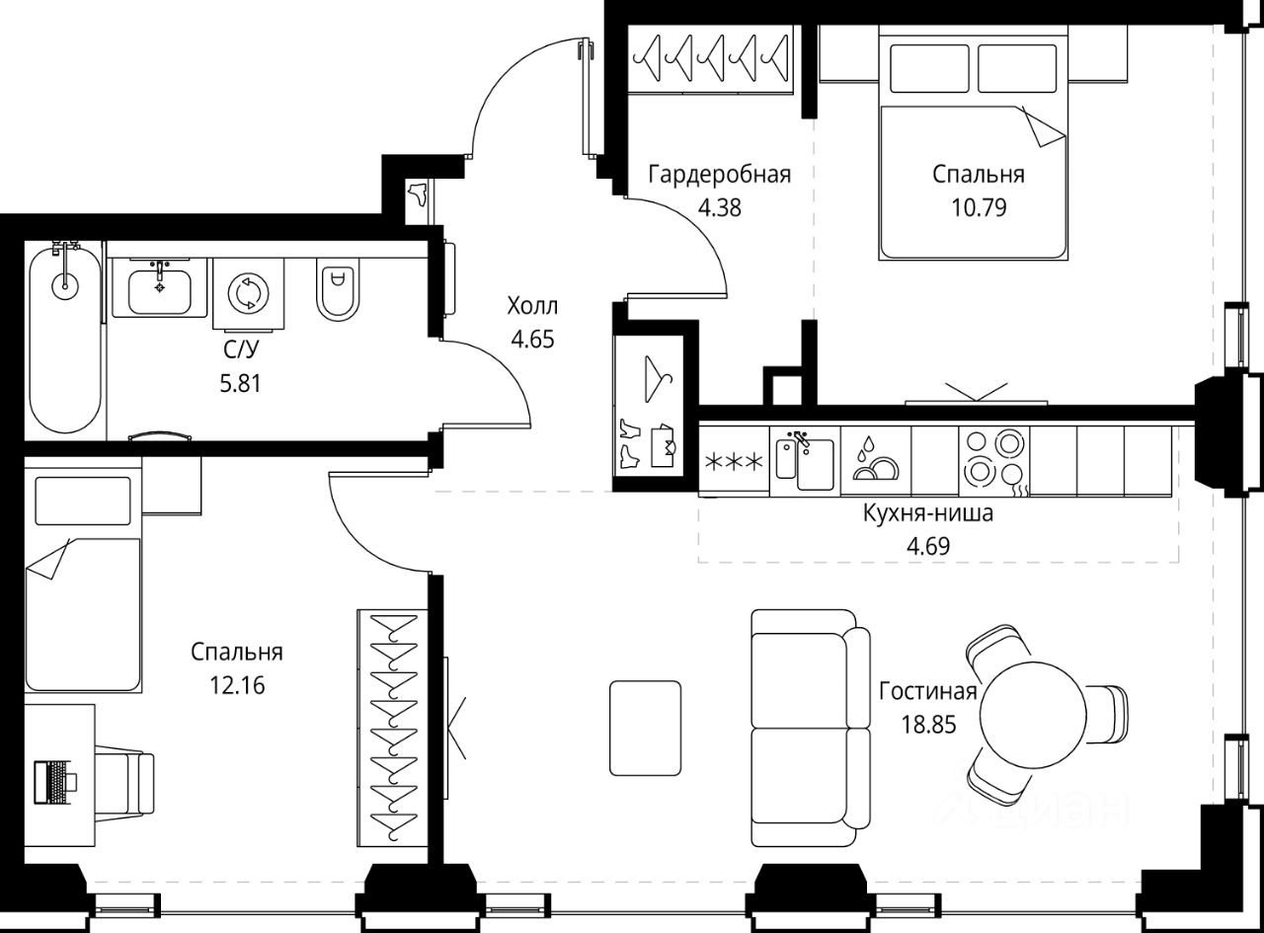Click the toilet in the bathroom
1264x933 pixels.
coord(338,288)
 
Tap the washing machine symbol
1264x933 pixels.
coord(249,293)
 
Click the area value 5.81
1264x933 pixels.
coord(241,384)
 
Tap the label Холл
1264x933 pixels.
coord(532,307)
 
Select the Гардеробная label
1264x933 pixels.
coord(720,175)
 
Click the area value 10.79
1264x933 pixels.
coord(979,207)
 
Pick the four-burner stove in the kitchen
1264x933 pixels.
coord(993,462)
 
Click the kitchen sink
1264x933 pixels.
coord(805,462)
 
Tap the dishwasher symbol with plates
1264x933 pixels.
coord(875,462)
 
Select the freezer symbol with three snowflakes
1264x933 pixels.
coord(734,462)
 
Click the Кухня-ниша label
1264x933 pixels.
coord(928,513)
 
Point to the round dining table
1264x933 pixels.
coord(1033,714)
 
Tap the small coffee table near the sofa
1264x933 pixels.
coord(645,729)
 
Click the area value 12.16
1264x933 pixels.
coord(237,685)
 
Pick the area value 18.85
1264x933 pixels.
coord(928,725)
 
